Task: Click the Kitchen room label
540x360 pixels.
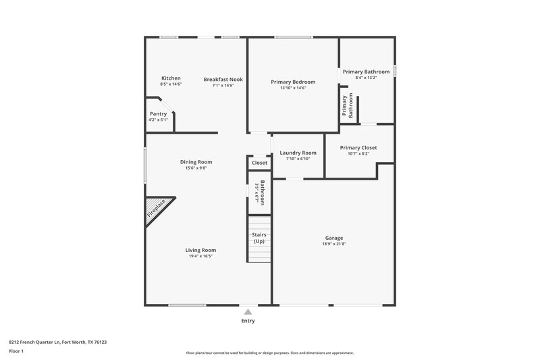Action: pyautogui.click(x=171, y=78)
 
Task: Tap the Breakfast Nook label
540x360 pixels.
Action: pyautogui.click(x=223, y=79)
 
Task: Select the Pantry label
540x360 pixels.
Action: pyautogui.click(x=158, y=113)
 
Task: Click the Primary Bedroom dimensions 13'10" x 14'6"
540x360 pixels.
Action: pyautogui.click(x=293, y=88)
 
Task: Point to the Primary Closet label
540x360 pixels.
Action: pyautogui.click(x=358, y=147)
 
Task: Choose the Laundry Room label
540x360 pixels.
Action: pyautogui.click(x=298, y=153)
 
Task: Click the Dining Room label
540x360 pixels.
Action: pyautogui.click(x=196, y=161)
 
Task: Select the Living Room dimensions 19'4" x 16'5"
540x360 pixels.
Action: pyautogui.click(x=200, y=257)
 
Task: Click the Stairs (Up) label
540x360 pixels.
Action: pyautogui.click(x=259, y=238)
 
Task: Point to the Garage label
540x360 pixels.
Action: pyautogui.click(x=334, y=238)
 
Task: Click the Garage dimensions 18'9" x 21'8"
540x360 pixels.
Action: pyautogui.click(x=334, y=244)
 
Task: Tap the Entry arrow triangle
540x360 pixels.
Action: pyautogui.click(x=248, y=312)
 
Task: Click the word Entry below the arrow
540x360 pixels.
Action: pyautogui.click(x=248, y=321)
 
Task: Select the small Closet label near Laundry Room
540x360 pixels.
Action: pyautogui.click(x=259, y=163)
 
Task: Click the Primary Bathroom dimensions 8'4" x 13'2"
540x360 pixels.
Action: pyautogui.click(x=366, y=78)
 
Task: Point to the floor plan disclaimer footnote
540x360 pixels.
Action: pyautogui.click(x=269, y=353)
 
